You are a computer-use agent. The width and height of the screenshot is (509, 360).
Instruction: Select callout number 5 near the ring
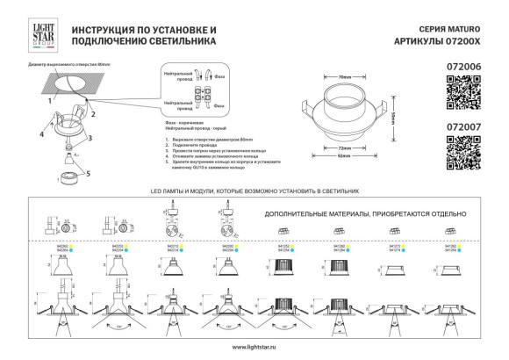[88, 172]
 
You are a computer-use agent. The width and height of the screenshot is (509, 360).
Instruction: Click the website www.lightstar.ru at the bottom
[254, 348]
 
